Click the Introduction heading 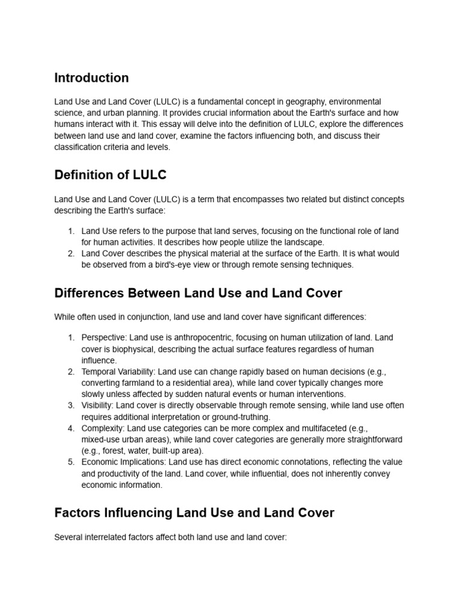tap(91, 78)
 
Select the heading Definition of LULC tap(110, 175)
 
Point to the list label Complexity tap(103, 428)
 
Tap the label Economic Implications tap(123, 462)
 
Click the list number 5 tap(71, 462)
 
